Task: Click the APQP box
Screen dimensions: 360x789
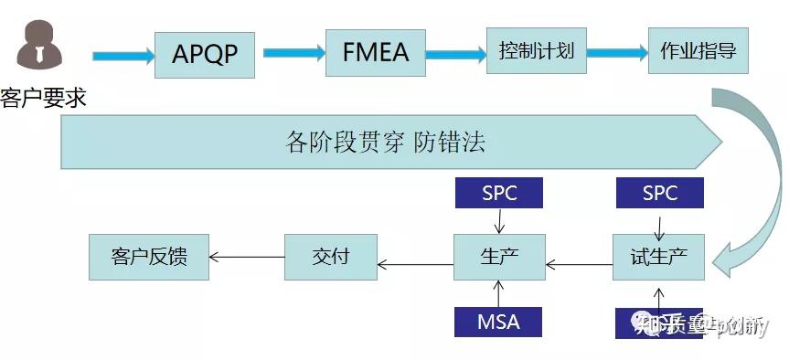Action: [205, 54]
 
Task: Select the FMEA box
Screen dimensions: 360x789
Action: [376, 51]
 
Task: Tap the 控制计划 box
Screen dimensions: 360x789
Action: [536, 50]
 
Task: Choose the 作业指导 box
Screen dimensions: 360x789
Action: [698, 50]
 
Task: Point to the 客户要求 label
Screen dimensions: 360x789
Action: [43, 97]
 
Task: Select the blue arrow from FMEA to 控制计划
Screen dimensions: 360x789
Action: [455, 53]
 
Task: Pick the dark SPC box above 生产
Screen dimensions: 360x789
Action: [499, 193]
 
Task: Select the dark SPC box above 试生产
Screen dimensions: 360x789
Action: [659, 193]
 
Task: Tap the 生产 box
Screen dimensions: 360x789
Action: [499, 257]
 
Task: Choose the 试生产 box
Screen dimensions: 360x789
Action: [658, 257]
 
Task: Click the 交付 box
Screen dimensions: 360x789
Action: [330, 257]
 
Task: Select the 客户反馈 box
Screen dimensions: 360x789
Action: [149, 257]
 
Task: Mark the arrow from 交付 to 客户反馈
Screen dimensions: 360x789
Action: [247, 257]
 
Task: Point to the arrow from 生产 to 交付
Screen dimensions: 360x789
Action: [415, 265]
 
